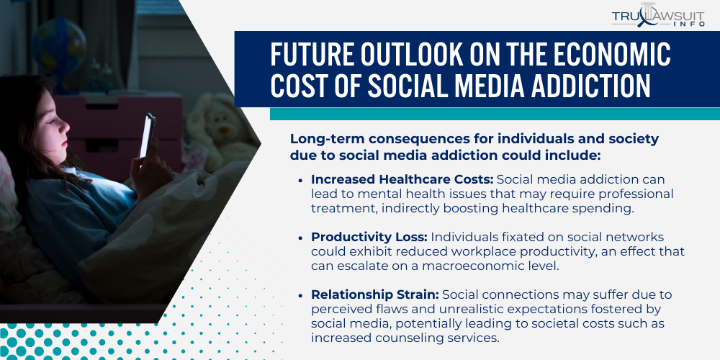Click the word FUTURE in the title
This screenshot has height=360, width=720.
pos(312,55)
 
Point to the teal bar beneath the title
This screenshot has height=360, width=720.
pos(495,114)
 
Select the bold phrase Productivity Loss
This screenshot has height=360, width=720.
pos(369,238)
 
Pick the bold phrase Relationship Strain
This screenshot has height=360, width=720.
pos(374,294)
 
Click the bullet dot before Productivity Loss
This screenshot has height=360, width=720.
pos(300,238)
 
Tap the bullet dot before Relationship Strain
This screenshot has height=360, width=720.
pos(300,295)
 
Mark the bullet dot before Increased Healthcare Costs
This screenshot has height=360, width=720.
pos(300,180)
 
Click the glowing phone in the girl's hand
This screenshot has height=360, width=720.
pos(147,135)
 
